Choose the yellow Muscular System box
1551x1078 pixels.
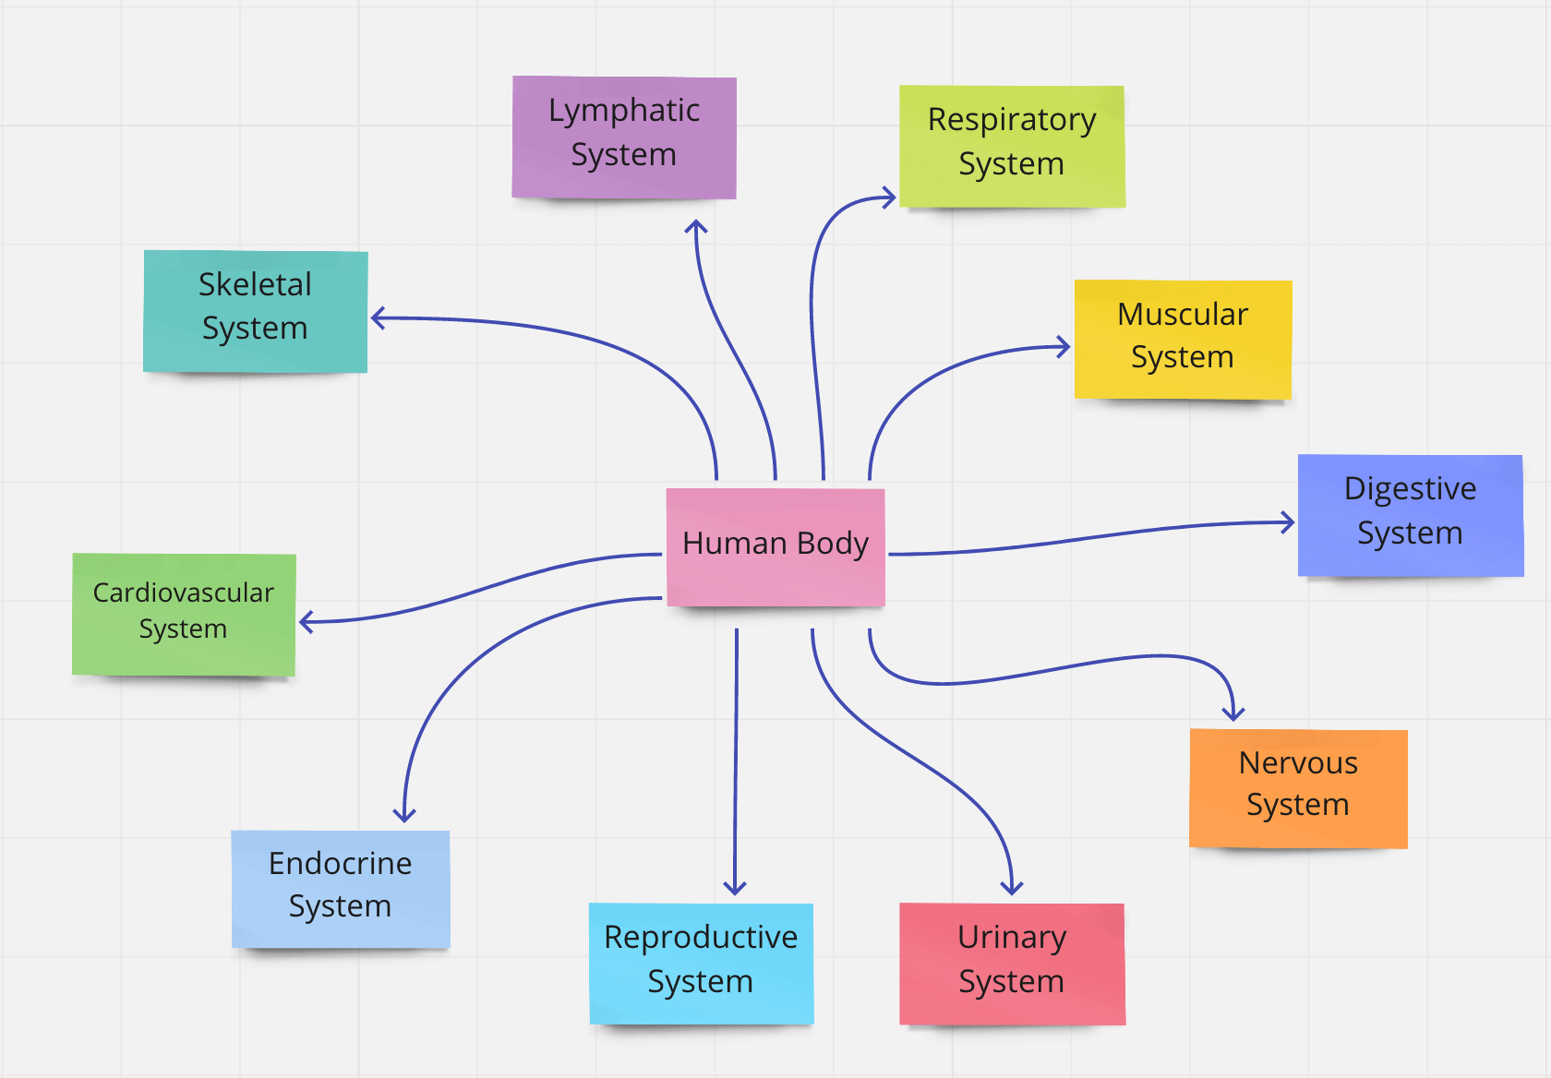(1183, 340)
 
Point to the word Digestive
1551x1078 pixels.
(1410, 488)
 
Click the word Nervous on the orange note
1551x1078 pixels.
(1298, 763)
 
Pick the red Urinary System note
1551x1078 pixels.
(1012, 964)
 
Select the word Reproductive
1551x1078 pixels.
(701, 937)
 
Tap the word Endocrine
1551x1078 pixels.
(340, 863)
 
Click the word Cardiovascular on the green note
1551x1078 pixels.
(183, 593)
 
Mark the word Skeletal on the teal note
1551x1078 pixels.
(255, 284)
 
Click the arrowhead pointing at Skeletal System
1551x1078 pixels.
(376, 318)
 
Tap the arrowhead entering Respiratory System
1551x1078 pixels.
(890, 198)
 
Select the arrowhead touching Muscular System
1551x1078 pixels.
(1065, 348)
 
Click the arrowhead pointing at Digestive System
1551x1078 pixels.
(1290, 522)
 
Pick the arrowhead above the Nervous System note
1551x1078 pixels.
(1233, 715)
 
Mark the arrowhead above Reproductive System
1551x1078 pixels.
(735, 890)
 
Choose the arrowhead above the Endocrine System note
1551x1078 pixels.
(404, 816)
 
